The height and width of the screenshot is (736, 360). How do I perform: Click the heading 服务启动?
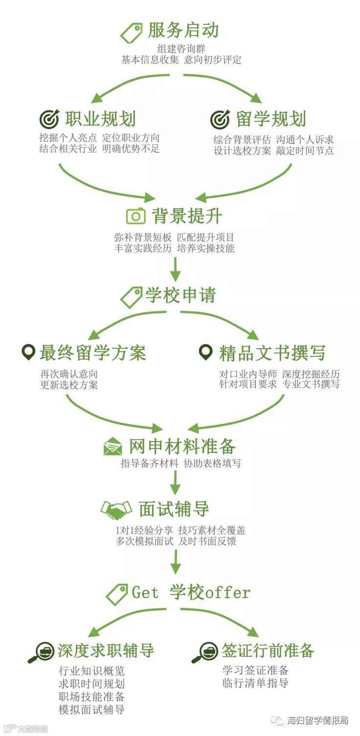click(183, 30)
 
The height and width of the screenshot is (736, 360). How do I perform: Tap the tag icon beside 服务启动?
click(131, 32)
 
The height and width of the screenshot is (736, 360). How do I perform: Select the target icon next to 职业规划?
click(49, 119)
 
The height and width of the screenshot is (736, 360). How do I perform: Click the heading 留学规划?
click(271, 119)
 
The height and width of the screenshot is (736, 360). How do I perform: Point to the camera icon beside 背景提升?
click(135, 216)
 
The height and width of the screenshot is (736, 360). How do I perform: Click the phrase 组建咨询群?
click(181, 49)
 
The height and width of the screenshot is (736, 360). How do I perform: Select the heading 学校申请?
click(180, 295)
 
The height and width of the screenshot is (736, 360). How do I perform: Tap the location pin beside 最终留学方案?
click(29, 352)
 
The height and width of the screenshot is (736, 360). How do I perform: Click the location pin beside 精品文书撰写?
click(206, 352)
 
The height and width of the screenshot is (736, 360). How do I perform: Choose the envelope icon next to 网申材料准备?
click(112, 446)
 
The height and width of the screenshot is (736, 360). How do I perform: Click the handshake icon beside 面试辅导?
click(116, 510)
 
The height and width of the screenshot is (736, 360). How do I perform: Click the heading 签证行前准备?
click(268, 650)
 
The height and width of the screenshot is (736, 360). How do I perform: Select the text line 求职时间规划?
click(91, 683)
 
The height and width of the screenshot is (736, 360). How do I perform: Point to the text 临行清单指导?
click(255, 683)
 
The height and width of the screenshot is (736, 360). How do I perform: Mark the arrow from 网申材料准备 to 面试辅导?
click(175, 482)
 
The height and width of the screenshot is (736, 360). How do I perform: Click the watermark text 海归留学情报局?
click(317, 720)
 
